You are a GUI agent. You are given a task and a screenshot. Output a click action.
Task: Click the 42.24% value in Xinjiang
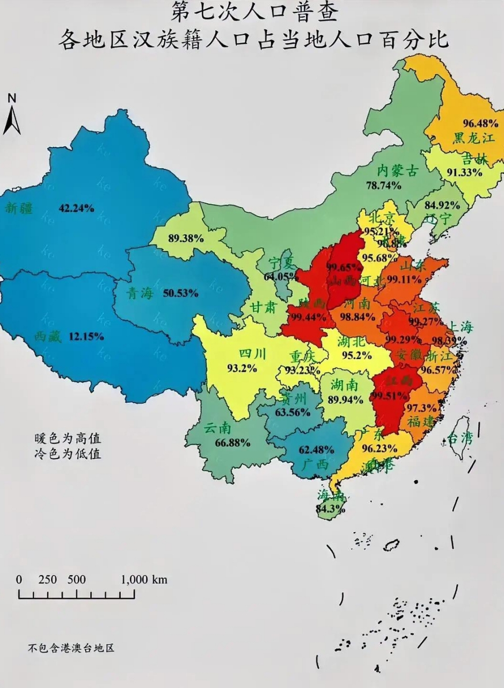click(76, 208)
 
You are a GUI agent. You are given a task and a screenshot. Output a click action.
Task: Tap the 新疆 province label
click(19, 208)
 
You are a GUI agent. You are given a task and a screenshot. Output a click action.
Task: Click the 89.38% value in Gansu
click(186, 239)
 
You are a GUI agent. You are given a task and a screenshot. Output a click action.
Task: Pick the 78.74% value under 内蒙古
click(384, 185)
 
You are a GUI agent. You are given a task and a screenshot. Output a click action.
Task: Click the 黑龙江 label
click(473, 138)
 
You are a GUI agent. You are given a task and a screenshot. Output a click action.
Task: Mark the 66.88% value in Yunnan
click(232, 443)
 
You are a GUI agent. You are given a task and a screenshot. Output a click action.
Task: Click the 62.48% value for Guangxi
click(316, 449)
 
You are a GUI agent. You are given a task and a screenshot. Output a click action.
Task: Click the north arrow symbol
click(12, 115)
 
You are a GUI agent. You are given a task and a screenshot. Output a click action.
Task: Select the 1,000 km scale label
click(144, 579)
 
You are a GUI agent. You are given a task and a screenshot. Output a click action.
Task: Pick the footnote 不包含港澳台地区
click(71, 648)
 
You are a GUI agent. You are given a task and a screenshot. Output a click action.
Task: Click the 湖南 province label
click(345, 384)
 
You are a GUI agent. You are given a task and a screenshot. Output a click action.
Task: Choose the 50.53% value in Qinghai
click(181, 293)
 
